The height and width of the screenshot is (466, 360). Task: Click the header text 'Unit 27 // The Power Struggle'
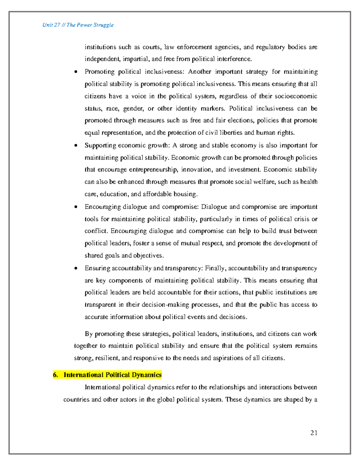pyautogui.click(x=78, y=25)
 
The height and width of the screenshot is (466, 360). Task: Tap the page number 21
pyautogui.click(x=314, y=432)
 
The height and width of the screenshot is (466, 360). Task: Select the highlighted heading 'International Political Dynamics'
pyautogui.click(x=112, y=375)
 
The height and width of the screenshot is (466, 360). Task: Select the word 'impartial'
pyautogui.click(x=136, y=59)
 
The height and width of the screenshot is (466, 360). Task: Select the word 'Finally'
pyautogui.click(x=215, y=268)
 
